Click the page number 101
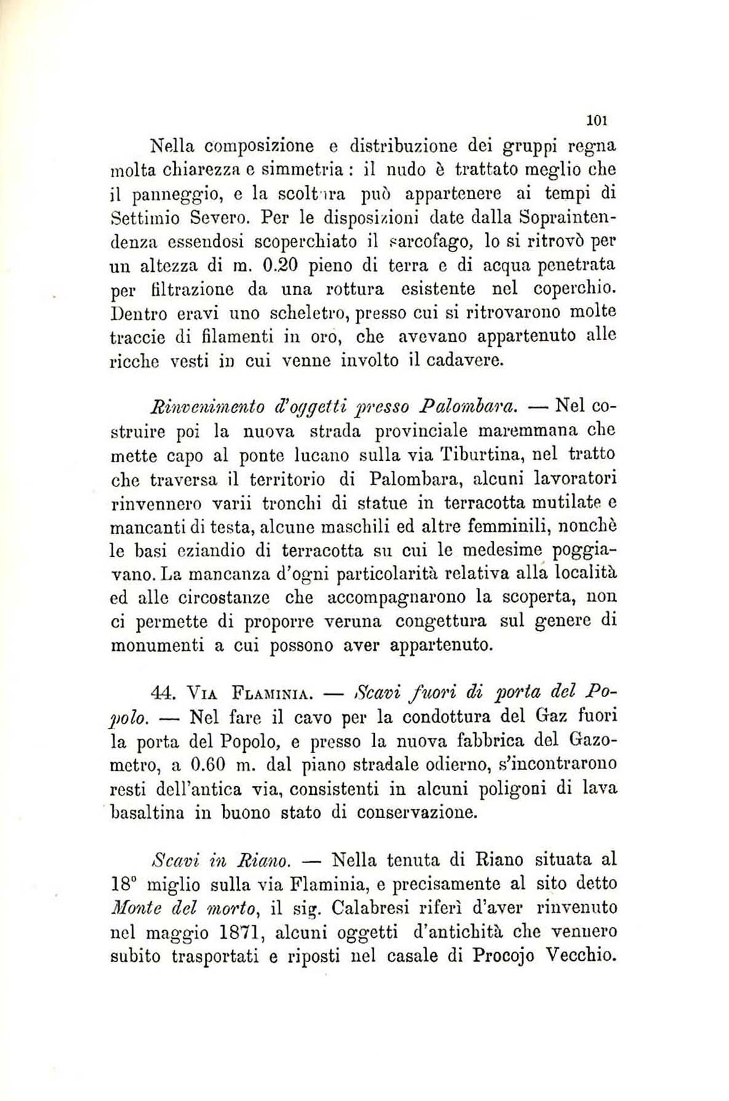[x=597, y=119]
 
